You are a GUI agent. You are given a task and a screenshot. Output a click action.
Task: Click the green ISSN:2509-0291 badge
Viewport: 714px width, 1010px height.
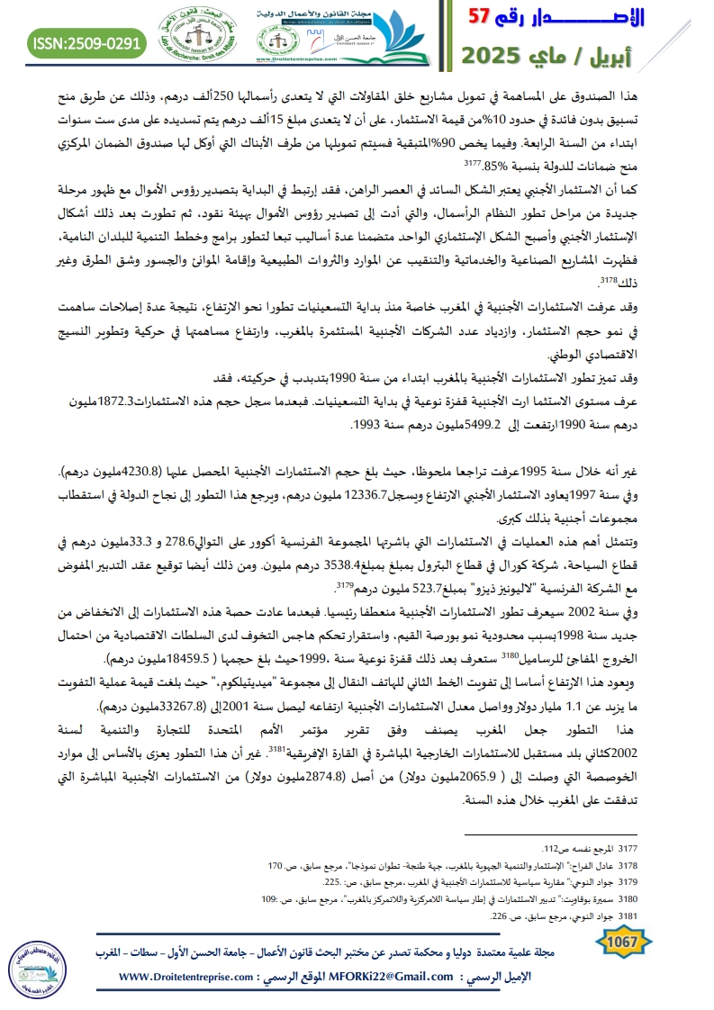pyautogui.click(x=86, y=42)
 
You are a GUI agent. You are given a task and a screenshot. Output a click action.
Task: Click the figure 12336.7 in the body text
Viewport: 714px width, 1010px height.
pyautogui.click(x=365, y=494)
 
